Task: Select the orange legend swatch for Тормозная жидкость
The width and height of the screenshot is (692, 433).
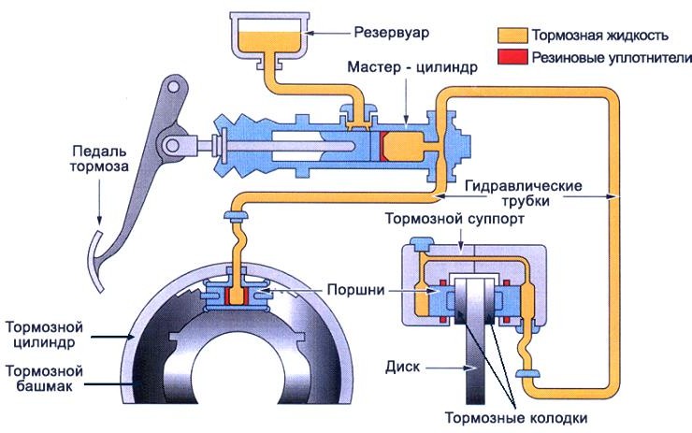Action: [512, 36]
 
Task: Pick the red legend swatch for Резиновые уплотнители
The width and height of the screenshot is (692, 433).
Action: [512, 58]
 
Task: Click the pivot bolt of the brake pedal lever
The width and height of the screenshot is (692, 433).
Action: [171, 147]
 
